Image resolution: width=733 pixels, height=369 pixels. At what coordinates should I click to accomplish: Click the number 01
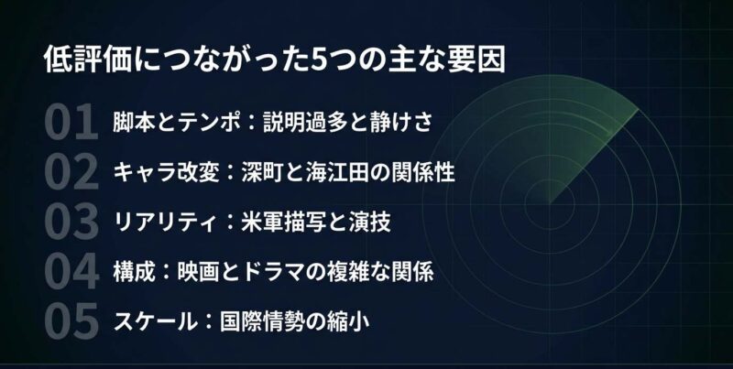pyautogui.click(x=70, y=122)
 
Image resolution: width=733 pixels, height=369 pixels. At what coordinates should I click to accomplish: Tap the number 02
pyautogui.click(x=70, y=172)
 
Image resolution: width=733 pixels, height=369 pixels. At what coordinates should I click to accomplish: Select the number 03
pyautogui.click(x=70, y=222)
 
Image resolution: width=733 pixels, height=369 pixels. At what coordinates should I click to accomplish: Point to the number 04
pyautogui.click(x=70, y=272)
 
